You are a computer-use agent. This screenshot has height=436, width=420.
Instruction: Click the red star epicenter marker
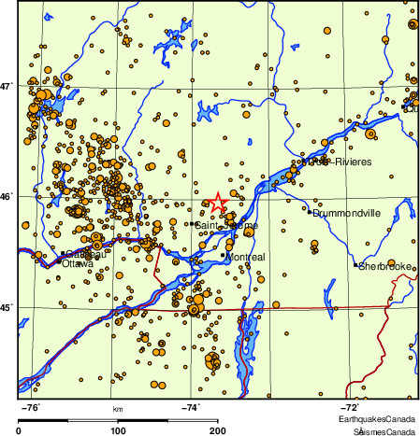[x=218, y=201]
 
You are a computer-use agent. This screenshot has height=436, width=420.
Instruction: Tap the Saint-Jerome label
[x=219, y=224]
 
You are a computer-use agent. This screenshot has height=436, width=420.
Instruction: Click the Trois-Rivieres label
[x=336, y=162]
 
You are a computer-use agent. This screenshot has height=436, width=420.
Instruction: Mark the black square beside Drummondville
[x=309, y=212]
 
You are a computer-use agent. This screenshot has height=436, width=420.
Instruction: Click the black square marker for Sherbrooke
[x=355, y=266]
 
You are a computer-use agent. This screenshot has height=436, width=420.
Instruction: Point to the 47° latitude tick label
[x=7, y=86]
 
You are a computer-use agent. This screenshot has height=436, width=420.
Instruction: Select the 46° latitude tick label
[x=7, y=196]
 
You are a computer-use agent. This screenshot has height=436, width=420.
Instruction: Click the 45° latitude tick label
[x=7, y=307]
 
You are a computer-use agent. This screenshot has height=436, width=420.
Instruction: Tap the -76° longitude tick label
[x=30, y=407]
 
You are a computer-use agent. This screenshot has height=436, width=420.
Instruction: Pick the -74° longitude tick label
[x=190, y=407]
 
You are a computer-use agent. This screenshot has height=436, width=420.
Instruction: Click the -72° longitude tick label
[x=348, y=407]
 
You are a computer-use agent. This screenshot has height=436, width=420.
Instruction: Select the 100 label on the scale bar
[x=118, y=430]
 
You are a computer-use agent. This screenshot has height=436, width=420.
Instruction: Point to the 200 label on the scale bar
[x=217, y=430]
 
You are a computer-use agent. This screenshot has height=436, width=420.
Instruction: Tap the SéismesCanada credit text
[x=384, y=431]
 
